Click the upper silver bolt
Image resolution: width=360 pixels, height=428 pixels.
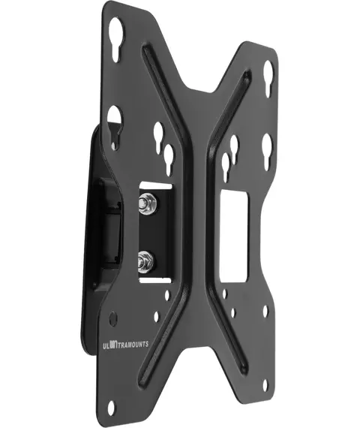146,203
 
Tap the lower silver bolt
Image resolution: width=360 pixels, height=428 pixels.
145,262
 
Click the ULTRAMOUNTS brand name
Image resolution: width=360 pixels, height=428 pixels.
125,345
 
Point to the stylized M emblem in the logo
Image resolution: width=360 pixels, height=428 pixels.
113,345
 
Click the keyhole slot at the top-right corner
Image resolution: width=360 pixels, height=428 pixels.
268,78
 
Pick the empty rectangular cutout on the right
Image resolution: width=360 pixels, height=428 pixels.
234,236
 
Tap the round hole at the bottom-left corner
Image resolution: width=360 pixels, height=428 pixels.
111,408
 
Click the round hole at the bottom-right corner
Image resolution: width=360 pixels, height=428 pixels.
265,385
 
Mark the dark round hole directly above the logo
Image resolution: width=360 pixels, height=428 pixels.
113,318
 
